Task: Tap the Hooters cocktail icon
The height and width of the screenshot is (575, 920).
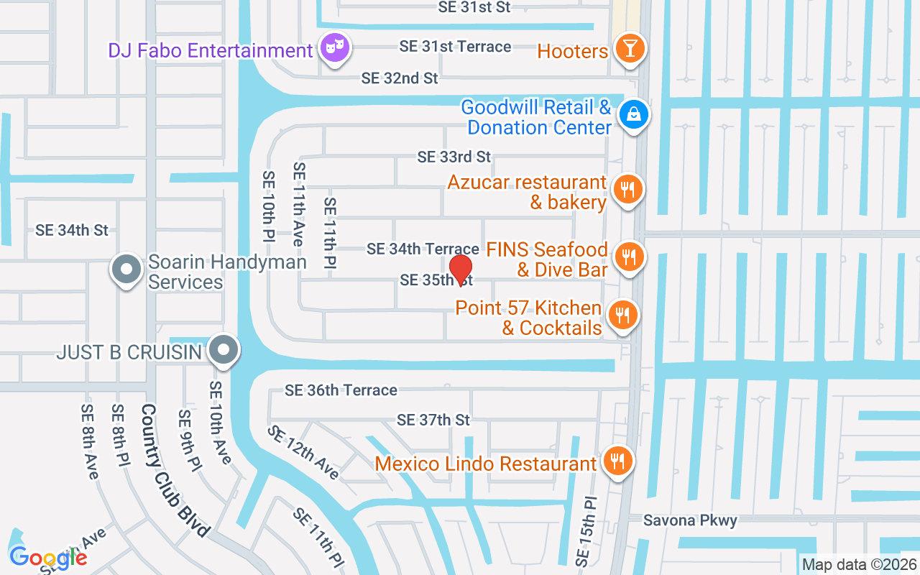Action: [630, 50]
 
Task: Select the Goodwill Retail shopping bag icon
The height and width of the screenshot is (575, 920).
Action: [634, 114]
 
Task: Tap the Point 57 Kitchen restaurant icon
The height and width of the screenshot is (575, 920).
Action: [622, 315]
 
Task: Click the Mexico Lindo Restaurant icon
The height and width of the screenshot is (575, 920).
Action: [617, 459]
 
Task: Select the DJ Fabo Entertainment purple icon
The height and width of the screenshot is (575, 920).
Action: [335, 49]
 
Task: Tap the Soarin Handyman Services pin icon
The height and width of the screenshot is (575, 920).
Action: [127, 270]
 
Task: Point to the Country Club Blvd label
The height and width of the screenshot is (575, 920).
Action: [175, 470]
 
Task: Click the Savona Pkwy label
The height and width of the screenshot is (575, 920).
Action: [690, 520]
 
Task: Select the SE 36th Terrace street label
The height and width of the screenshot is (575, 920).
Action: [341, 390]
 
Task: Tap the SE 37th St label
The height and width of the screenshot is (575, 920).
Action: [433, 420]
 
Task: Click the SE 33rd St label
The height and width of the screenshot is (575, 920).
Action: [454, 157]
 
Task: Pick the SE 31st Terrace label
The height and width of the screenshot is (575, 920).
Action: [456, 47]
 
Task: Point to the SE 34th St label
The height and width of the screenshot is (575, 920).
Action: [72, 231]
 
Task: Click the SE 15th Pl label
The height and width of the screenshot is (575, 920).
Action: [586, 530]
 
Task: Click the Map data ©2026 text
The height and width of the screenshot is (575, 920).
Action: [858, 565]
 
